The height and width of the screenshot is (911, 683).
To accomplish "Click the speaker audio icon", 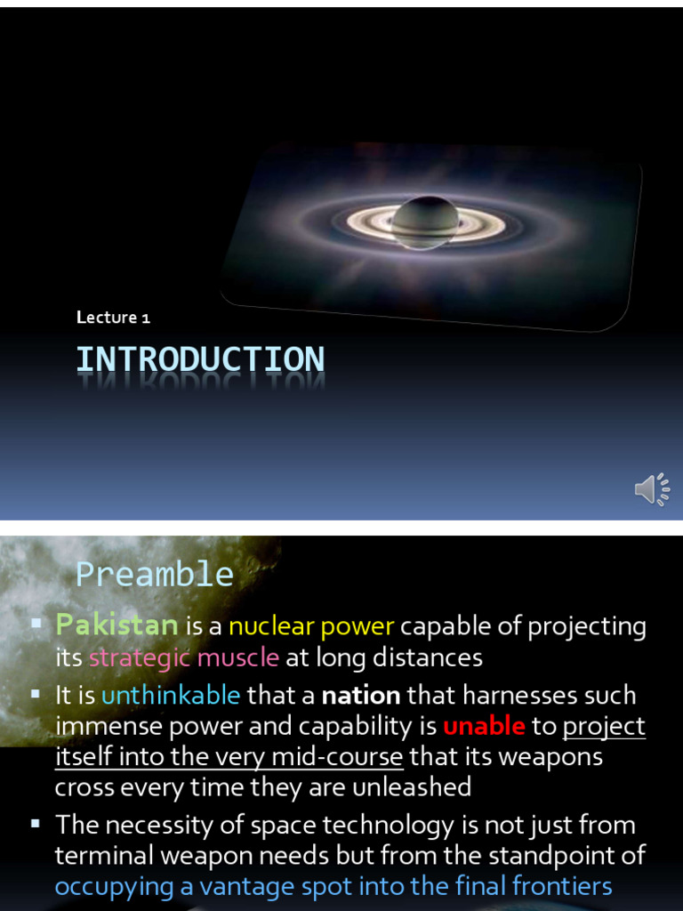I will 652,489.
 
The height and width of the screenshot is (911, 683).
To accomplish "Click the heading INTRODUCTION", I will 200,359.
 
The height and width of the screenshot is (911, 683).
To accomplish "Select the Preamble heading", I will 155,575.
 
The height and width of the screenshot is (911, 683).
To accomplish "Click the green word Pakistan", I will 117,625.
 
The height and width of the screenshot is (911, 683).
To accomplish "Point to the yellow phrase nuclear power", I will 311,625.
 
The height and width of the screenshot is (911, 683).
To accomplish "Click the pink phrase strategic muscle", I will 184,657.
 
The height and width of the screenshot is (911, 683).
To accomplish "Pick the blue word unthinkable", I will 171,694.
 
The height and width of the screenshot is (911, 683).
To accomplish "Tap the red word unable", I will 484,726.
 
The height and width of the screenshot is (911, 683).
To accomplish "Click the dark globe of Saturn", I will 425,222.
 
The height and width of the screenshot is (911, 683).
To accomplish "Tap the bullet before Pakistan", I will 36,625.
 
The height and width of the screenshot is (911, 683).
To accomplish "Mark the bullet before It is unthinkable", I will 36,693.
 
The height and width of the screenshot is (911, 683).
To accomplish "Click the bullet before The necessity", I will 36,824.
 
